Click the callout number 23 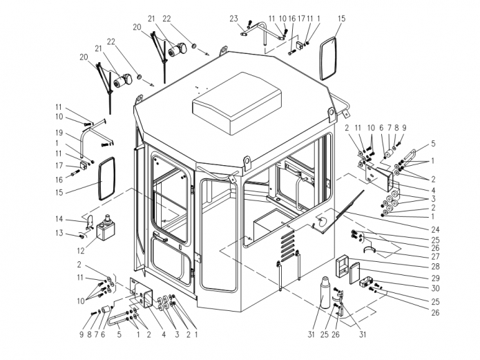(233, 19)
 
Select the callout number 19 (59, 133)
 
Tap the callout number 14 (59, 219)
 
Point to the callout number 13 (59, 233)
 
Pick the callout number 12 (81, 251)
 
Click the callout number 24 (435, 229)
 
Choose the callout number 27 (435, 256)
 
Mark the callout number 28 (435, 266)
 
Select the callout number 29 (435, 278)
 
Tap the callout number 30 (435, 288)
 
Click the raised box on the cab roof (237, 103)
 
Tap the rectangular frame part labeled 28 (342, 266)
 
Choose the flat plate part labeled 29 (355, 274)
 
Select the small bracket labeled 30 (366, 282)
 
